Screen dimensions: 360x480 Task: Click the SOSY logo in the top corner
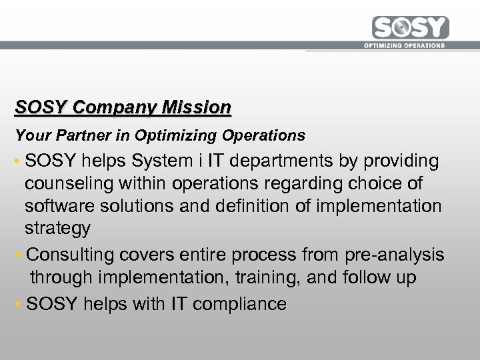point(411,28)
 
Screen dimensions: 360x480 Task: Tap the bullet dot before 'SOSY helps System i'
point(18,162)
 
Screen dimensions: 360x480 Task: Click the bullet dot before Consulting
point(18,255)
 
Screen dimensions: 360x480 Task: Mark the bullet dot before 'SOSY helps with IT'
point(18,305)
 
